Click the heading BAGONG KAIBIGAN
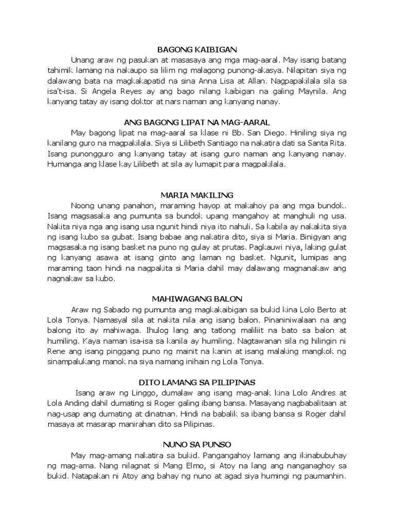(197, 49)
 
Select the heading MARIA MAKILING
(197, 195)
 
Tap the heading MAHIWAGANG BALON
(197, 298)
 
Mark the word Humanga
(65, 164)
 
